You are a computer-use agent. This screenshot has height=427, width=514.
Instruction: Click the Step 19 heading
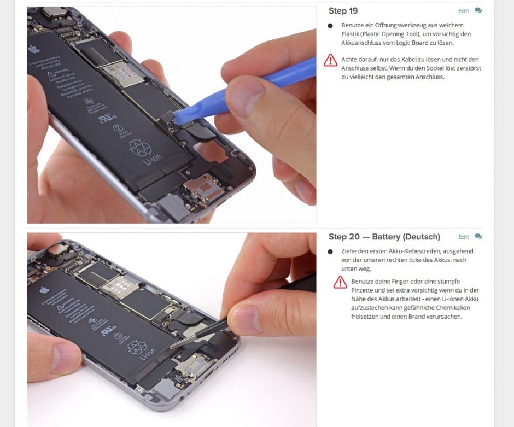point(343,11)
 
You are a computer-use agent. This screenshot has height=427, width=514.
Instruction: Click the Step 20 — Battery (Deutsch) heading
point(384,237)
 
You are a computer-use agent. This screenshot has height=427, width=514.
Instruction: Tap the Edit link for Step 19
point(463,11)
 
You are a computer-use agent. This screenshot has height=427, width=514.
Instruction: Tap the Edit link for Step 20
point(463,237)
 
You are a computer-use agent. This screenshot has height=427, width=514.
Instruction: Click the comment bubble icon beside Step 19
point(478,10)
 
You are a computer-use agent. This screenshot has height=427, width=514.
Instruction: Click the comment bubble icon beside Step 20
point(478,236)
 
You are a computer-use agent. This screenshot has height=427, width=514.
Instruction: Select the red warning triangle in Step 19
point(330,60)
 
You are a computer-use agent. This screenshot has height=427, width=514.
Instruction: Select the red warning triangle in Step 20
point(340,282)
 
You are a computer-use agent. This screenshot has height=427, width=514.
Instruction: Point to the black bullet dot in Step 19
point(330,26)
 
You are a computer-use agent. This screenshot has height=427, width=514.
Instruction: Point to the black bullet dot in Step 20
point(330,251)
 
